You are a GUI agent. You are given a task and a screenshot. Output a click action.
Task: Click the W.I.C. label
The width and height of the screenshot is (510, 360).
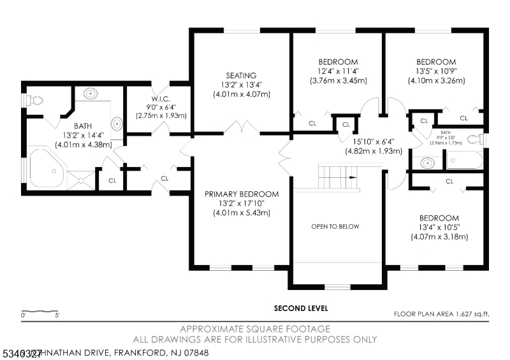[x=161, y=97]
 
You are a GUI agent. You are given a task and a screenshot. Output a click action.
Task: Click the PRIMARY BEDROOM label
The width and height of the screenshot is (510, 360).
[x=242, y=194]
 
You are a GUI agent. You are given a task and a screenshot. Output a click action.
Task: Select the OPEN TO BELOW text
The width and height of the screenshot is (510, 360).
[x=335, y=226]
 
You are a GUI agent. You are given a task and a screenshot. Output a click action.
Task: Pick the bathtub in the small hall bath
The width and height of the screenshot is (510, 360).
[x=464, y=160]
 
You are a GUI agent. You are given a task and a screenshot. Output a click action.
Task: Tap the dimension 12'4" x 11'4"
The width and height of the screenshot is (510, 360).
[x=338, y=71]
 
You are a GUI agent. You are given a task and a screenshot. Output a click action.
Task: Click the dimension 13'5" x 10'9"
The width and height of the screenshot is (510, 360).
[x=437, y=71]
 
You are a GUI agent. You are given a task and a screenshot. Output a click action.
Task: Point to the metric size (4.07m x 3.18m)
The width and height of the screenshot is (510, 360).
[x=440, y=237]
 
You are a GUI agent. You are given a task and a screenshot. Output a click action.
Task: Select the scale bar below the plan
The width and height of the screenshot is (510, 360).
[x=40, y=312]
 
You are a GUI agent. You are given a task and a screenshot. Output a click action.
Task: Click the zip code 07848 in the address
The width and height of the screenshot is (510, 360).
[x=193, y=352]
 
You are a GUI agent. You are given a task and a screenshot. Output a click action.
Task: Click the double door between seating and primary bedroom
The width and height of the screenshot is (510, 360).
[x=242, y=127]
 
